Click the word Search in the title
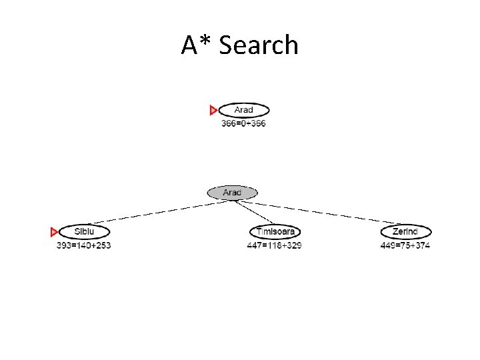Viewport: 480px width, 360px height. pyautogui.click(x=259, y=45)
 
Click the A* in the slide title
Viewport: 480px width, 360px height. pyautogui.click(x=197, y=45)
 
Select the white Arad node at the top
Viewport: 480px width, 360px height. pyautogui.click(x=244, y=110)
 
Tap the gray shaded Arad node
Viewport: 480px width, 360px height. pyautogui.click(x=232, y=193)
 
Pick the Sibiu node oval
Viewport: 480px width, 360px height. pyautogui.click(x=84, y=231)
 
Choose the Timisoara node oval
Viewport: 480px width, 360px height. pyautogui.click(x=275, y=231)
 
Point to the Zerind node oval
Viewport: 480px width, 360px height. pyautogui.click(x=405, y=231)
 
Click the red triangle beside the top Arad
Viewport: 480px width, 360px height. pyautogui.click(x=213, y=110)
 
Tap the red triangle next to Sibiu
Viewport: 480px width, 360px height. pyautogui.click(x=55, y=232)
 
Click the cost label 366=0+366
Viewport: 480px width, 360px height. pyautogui.click(x=243, y=123)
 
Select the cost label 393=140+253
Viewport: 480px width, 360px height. pyautogui.click(x=83, y=245)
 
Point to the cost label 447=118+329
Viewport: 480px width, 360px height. pyautogui.click(x=274, y=245)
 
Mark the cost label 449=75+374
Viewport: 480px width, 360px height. pyautogui.click(x=405, y=245)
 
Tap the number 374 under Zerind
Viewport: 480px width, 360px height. pyautogui.click(x=421, y=245)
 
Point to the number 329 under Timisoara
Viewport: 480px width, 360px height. pyautogui.click(x=293, y=245)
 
